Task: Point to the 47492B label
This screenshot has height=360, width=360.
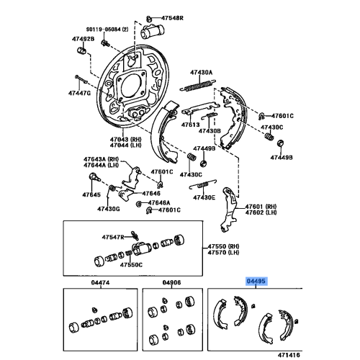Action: point(83,40)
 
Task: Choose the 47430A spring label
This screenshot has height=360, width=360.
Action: point(202,72)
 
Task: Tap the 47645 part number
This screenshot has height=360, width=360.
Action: point(91,195)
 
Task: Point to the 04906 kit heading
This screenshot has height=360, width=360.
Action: point(172,283)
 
